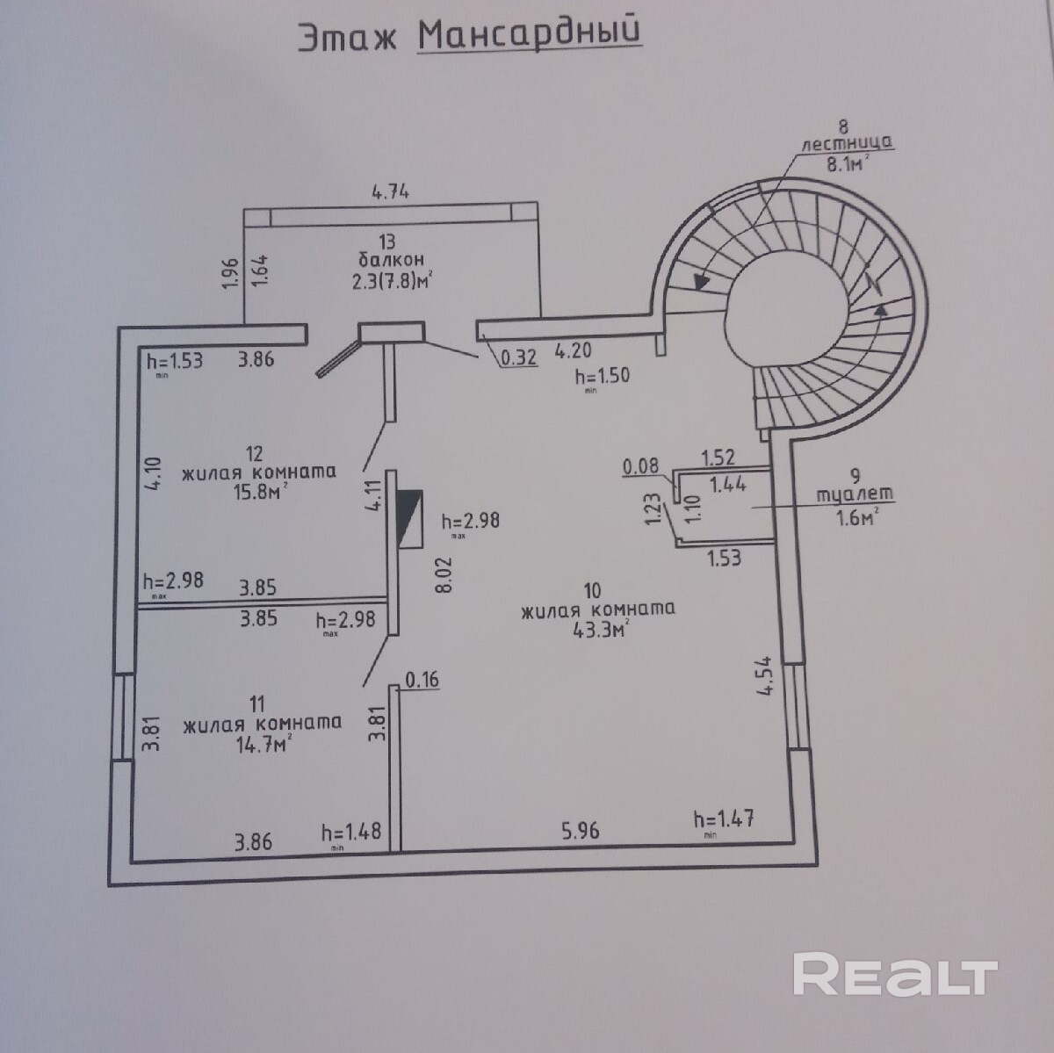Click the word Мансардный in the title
(x=529, y=33)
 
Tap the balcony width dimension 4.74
(x=391, y=191)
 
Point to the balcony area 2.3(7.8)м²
(x=392, y=280)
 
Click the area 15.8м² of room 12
(x=257, y=492)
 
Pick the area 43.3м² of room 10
(x=598, y=629)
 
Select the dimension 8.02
(x=444, y=575)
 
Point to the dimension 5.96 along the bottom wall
(x=581, y=829)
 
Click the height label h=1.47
(x=724, y=819)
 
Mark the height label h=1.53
(x=175, y=359)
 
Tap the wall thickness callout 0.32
(x=518, y=357)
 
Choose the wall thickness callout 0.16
(x=422, y=679)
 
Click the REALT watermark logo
(x=895, y=975)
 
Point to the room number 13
(x=387, y=241)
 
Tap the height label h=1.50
(x=603, y=375)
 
